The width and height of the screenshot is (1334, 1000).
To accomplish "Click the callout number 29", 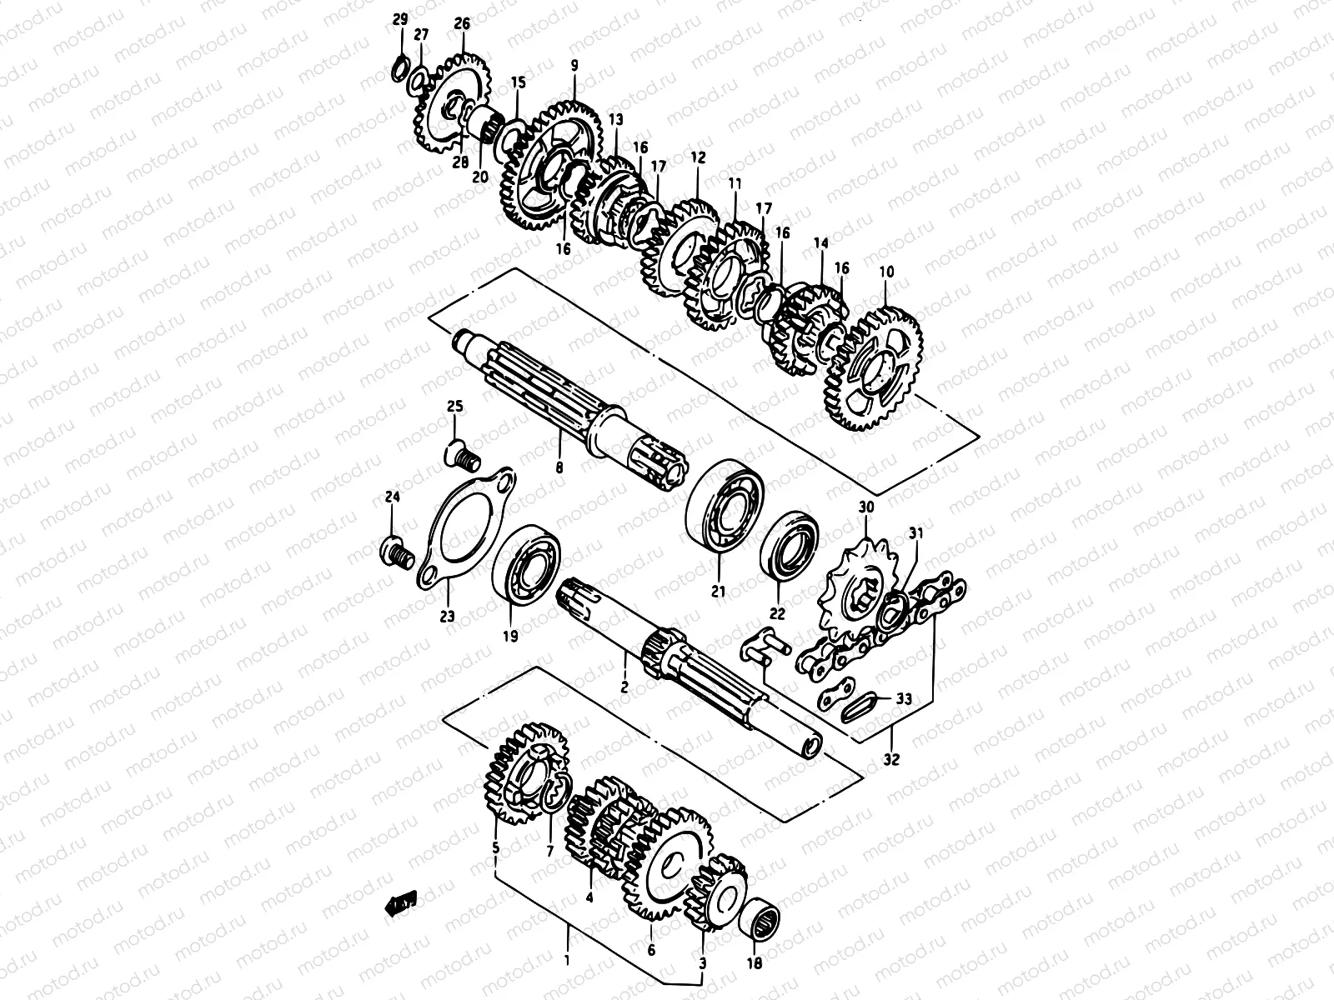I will click(x=400, y=18).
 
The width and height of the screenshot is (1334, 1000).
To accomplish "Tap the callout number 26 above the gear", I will click(x=462, y=24).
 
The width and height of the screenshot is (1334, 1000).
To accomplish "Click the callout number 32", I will click(x=892, y=759).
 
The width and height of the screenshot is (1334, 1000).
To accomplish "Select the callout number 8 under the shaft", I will click(x=559, y=468).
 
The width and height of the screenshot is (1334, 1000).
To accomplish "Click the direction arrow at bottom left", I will click(x=399, y=902).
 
